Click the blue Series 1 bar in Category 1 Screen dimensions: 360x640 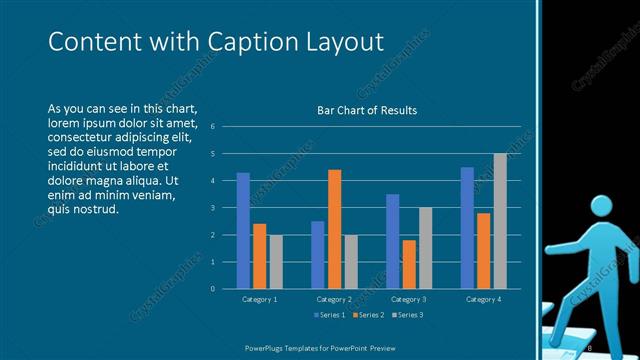click(x=243, y=230)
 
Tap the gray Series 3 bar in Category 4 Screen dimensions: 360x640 click(x=500, y=221)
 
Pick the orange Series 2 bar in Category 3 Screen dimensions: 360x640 click(x=409, y=264)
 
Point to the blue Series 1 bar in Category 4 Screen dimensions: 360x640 click(x=467, y=227)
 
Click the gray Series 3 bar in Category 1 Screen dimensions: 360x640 click(x=276, y=261)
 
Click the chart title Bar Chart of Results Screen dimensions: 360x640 click(x=360, y=110)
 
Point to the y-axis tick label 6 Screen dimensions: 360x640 click(x=213, y=127)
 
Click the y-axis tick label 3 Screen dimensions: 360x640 click(x=213, y=208)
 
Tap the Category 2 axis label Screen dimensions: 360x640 click(x=335, y=299)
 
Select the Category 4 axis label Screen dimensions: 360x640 click(x=484, y=299)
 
